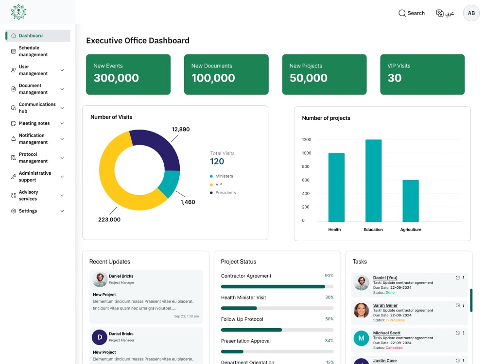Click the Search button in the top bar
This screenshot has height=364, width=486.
(x=411, y=13)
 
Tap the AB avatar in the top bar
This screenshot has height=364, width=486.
(x=471, y=13)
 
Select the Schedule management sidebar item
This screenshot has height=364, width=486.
(x=33, y=51)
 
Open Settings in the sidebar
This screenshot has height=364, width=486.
(x=28, y=211)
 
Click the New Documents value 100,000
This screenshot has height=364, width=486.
(x=213, y=78)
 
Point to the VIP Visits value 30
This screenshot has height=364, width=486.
(x=394, y=78)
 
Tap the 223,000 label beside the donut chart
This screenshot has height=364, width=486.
(x=109, y=219)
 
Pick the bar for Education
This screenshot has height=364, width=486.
(x=373, y=181)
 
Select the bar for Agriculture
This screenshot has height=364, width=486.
(x=411, y=200)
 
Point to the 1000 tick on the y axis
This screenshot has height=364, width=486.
(x=307, y=153)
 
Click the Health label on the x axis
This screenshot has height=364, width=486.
(x=334, y=230)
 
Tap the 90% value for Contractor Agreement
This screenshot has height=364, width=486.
(x=329, y=276)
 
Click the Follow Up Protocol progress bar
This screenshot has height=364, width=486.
(x=277, y=330)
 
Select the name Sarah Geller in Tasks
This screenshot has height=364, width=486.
(x=385, y=305)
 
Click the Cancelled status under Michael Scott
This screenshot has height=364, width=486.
(x=394, y=348)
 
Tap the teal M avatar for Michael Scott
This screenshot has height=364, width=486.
(x=362, y=338)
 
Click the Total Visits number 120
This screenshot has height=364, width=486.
(x=217, y=161)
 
